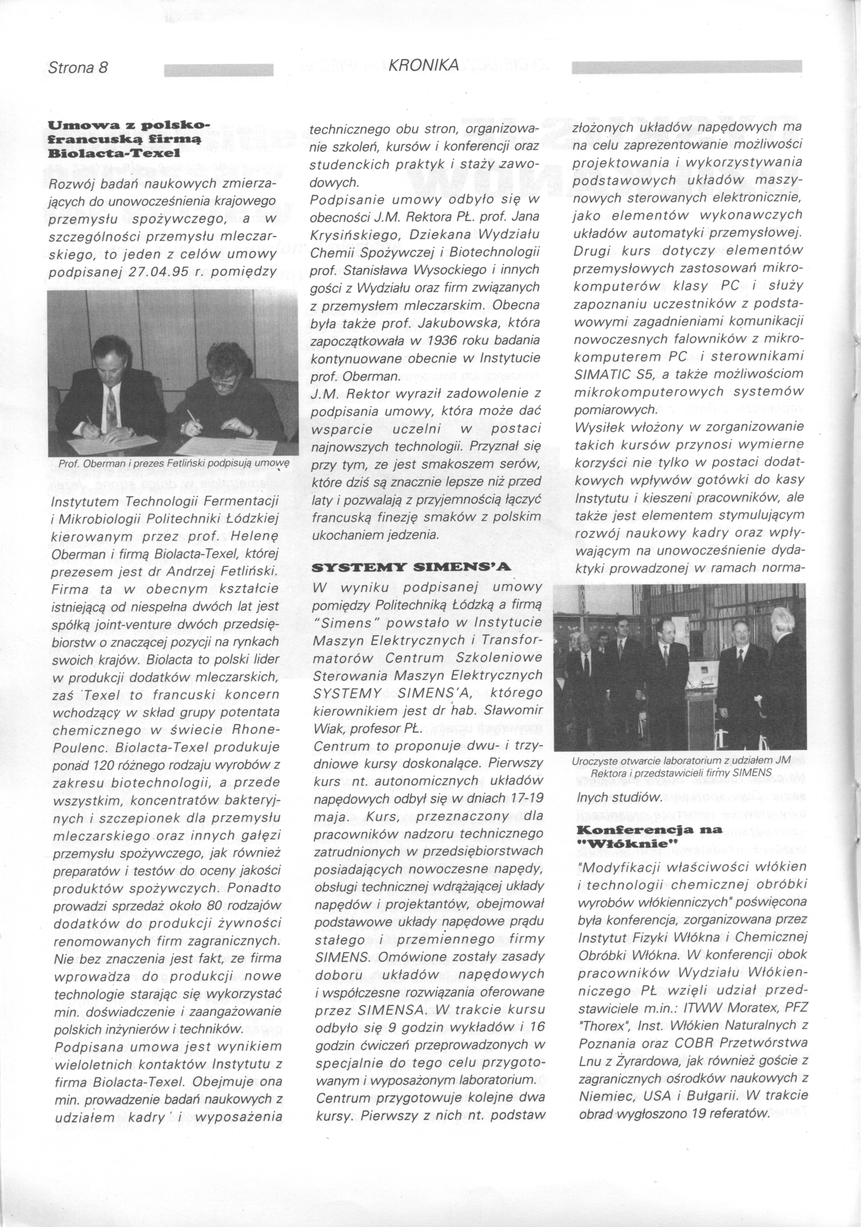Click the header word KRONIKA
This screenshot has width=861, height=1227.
coord(424,65)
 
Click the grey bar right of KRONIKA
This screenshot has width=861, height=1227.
coord(686,67)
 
